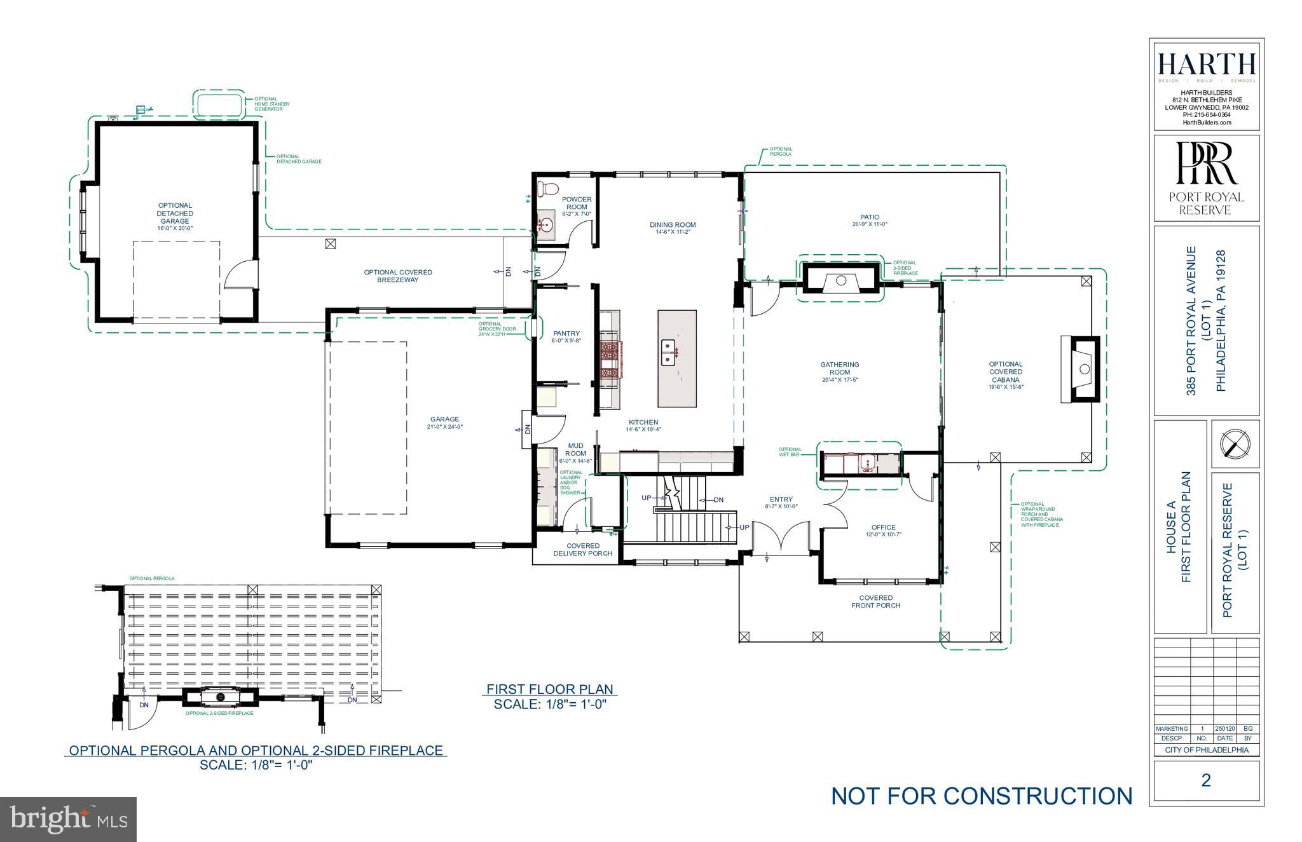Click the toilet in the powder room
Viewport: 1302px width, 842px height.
tap(547, 189)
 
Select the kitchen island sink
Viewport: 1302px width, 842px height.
tap(668, 352)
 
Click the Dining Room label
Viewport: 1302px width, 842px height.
tap(673, 225)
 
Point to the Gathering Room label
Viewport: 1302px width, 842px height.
tap(839, 369)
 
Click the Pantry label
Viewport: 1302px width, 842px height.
tap(566, 334)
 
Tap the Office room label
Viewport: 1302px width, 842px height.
tap(883, 527)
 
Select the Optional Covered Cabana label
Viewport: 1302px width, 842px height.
tap(1005, 372)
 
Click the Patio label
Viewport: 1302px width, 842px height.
tap(869, 217)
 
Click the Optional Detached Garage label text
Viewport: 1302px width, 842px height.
tap(175, 214)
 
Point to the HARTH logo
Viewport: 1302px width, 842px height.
tap(1206, 64)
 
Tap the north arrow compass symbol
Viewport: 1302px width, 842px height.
tap(1235, 444)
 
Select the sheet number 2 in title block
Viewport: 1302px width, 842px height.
tap(1206, 780)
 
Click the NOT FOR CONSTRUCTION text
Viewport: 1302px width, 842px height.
tap(982, 796)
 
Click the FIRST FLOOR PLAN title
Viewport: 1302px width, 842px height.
tap(549, 689)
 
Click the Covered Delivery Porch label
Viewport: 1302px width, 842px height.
tap(582, 550)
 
